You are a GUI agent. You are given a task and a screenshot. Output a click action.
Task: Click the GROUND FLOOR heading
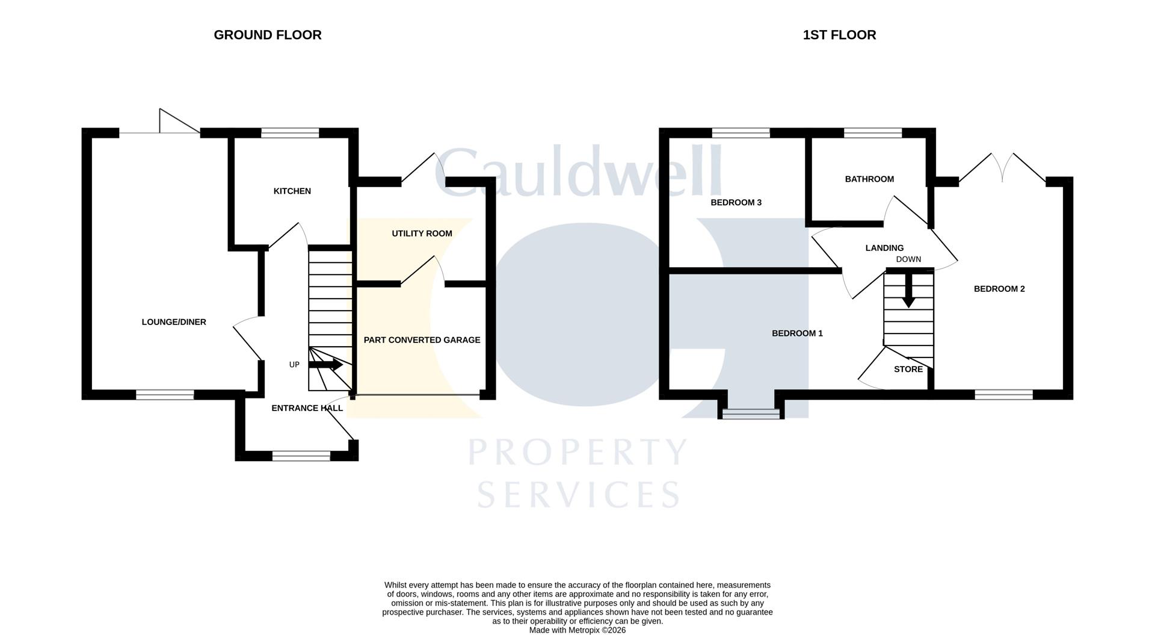[x=268, y=35]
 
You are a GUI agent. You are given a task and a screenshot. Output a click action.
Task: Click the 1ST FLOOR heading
[x=839, y=35]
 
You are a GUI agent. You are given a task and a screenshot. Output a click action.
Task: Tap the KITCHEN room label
[x=292, y=191]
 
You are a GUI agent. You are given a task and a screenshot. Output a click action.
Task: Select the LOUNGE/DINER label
[x=174, y=322]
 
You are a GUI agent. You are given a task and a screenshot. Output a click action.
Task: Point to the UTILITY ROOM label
[x=422, y=234]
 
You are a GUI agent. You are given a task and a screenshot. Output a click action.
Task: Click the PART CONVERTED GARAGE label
[x=422, y=340]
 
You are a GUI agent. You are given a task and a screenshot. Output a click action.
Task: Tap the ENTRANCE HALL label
[x=307, y=408]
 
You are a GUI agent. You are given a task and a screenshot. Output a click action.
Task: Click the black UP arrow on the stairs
[x=325, y=365]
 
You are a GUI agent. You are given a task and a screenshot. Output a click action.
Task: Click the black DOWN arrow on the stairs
[x=908, y=290]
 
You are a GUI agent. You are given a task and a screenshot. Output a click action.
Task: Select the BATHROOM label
[x=869, y=179]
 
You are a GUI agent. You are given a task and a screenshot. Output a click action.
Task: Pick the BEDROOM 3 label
[x=736, y=202]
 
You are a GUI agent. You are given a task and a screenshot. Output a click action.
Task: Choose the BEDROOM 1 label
[x=797, y=333]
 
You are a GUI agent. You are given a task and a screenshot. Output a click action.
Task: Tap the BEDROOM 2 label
[x=999, y=289]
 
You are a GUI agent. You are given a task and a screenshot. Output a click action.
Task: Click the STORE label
[x=908, y=370]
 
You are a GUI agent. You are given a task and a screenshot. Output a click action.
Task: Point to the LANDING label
[x=884, y=248]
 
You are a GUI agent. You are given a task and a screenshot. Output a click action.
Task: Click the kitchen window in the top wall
[x=290, y=133]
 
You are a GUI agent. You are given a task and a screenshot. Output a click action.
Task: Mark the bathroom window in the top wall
[x=873, y=133]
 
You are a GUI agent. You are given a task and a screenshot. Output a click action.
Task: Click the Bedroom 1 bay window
[x=751, y=414]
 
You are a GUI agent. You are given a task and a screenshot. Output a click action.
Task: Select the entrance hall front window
[x=301, y=456]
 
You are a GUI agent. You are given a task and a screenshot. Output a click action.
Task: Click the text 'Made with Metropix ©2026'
[x=577, y=630]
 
